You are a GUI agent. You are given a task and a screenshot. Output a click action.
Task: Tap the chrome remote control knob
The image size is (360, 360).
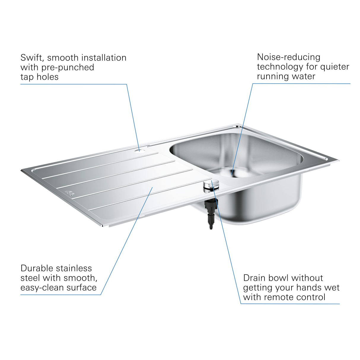click(211, 186)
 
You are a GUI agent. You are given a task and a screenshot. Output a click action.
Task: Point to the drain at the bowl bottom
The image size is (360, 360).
click(232, 173)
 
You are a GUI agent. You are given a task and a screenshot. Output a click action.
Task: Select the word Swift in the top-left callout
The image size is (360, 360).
click(32, 58)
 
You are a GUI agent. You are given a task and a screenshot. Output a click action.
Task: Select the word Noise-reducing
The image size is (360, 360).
click(289, 57)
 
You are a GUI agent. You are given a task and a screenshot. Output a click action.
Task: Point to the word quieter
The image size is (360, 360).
click(334, 67)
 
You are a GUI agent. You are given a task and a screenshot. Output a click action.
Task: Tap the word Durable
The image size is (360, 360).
click(37, 268)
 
